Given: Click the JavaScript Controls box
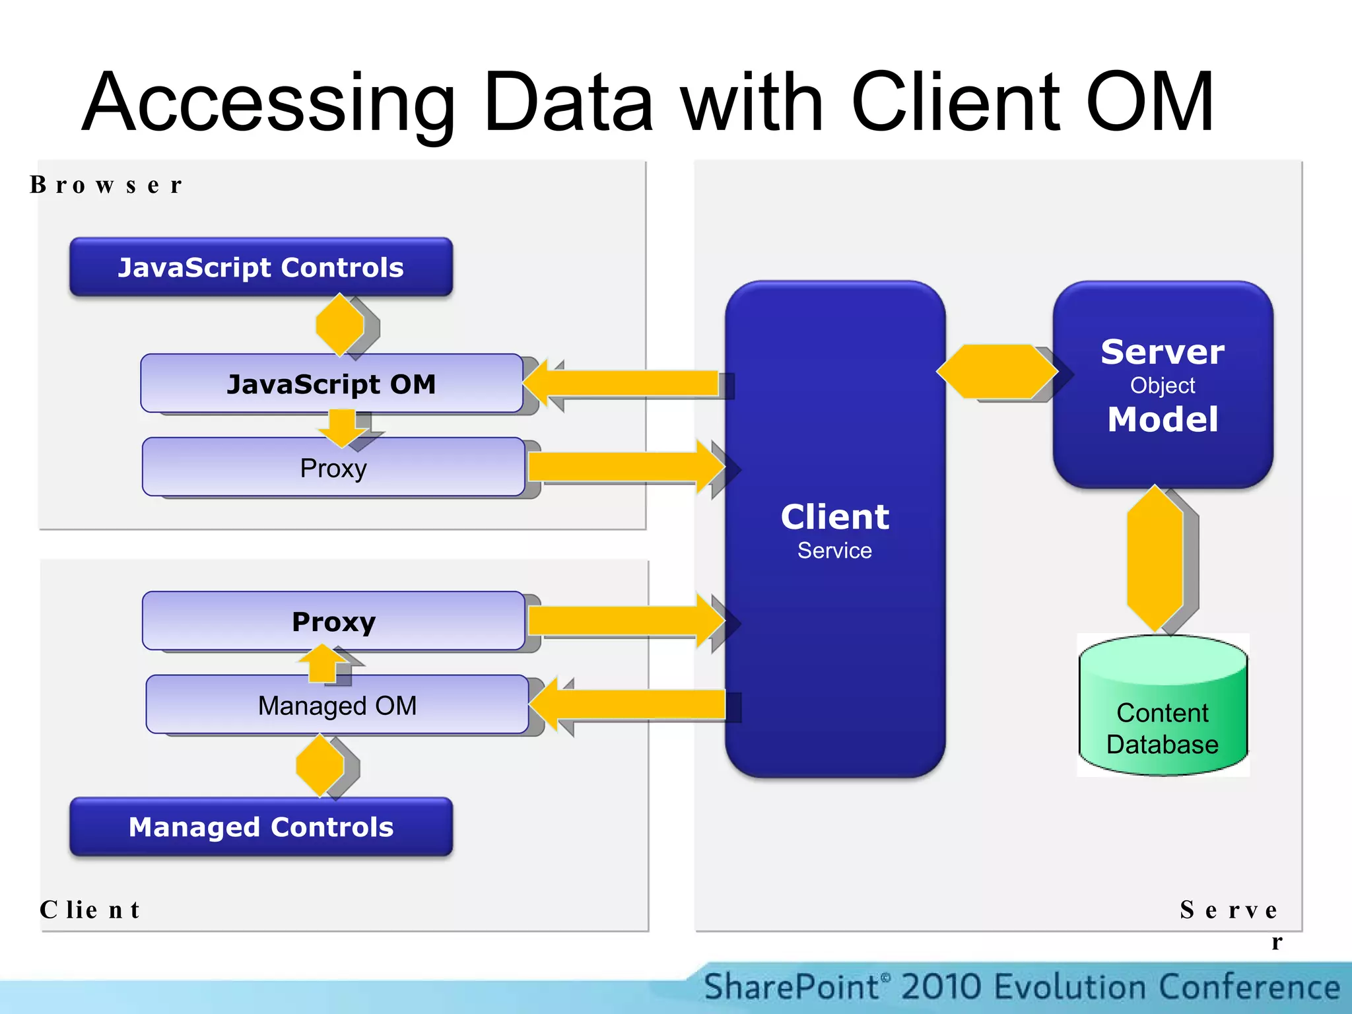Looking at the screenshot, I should tap(261, 267).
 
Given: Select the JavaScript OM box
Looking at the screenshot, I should tap(331, 384).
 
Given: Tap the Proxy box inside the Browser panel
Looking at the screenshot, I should tap(333, 467).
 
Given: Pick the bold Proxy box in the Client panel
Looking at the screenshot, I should tap(333, 621).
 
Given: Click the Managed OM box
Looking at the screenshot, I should tap(337, 705).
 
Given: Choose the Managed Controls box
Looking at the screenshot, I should tap(261, 827).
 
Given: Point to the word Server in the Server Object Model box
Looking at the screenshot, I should tap(1162, 352).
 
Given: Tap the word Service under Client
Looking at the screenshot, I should tap(834, 551).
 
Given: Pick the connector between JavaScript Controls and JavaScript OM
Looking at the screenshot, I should tap(340, 325).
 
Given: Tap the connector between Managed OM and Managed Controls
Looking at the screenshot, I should tap(320, 766).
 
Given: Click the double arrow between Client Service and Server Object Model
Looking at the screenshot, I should tap(997, 372).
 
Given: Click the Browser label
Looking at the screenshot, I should tap(106, 185).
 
